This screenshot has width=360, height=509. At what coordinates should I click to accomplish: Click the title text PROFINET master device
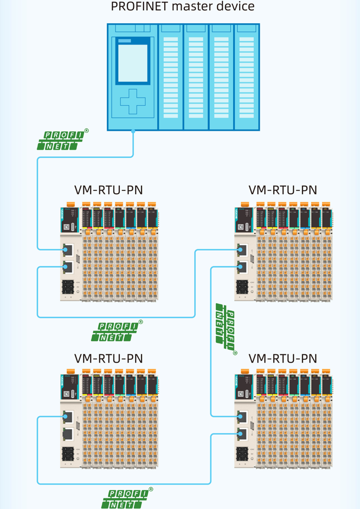(x=182, y=7)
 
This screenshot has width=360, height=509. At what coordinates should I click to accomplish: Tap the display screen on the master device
(x=133, y=63)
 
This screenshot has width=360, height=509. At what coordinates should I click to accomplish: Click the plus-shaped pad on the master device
(x=133, y=101)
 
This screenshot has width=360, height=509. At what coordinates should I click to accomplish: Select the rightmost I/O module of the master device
(x=247, y=77)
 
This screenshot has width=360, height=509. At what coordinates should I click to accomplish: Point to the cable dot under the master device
(x=133, y=131)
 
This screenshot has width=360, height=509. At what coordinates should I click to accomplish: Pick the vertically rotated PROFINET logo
(x=226, y=329)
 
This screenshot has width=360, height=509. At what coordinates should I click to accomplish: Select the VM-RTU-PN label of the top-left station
(x=108, y=190)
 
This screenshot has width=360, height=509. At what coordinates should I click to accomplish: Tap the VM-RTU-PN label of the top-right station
(x=282, y=190)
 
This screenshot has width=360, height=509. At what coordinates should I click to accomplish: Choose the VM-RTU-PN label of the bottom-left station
(x=108, y=359)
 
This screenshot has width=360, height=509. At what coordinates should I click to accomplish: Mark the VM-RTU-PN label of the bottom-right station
(x=282, y=359)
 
